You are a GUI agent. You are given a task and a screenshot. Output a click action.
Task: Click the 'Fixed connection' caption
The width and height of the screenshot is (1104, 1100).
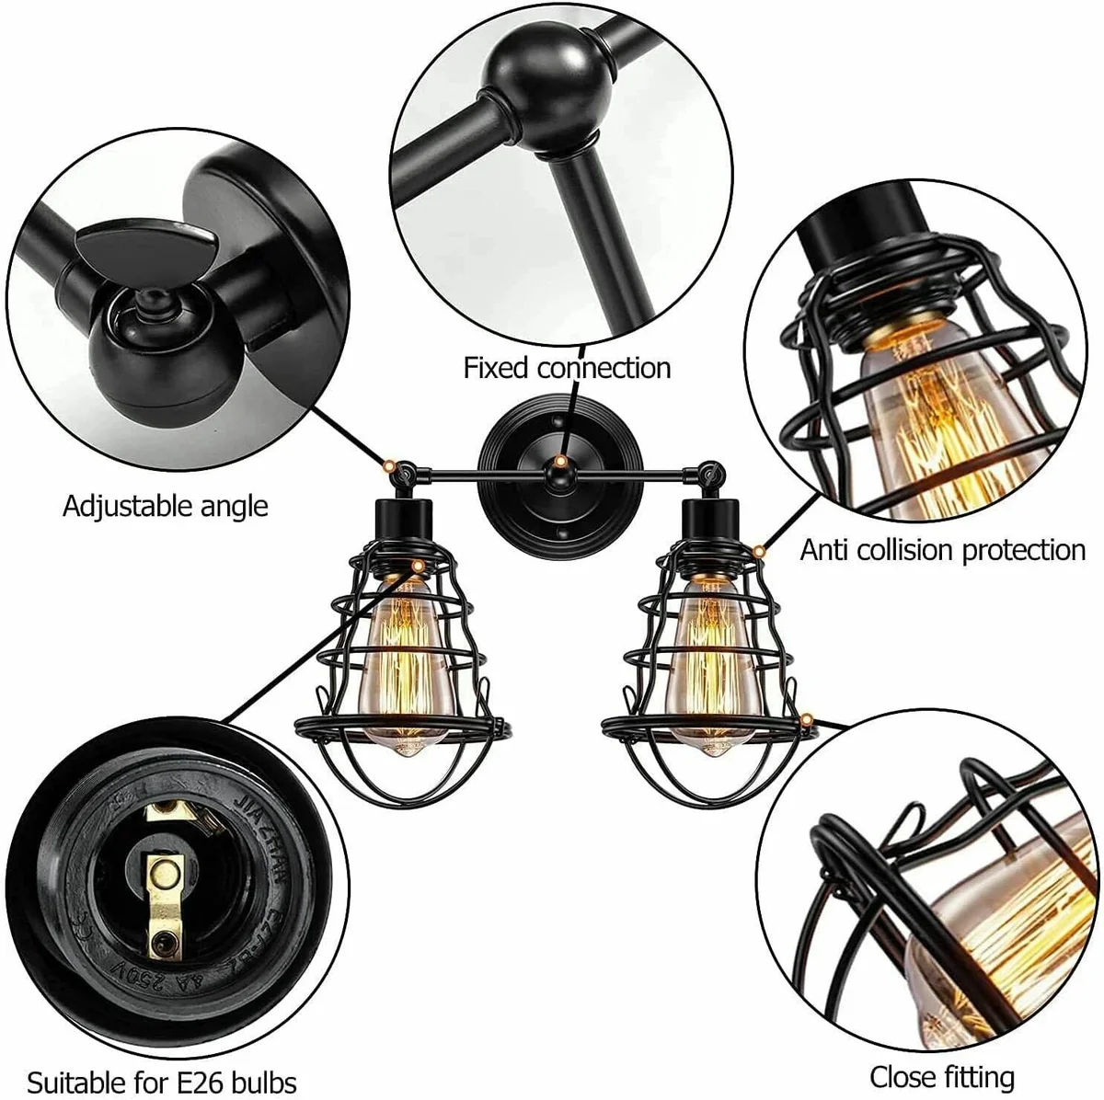pyautogui.click(x=567, y=369)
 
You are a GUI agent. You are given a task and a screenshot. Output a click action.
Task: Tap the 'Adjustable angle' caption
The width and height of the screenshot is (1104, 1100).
pyautogui.click(x=166, y=506)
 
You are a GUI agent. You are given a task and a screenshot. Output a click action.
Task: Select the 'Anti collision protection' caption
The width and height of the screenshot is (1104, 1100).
pyautogui.click(x=943, y=550)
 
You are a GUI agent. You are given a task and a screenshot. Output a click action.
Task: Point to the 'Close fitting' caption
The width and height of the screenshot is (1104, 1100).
pyautogui.click(x=942, y=1077)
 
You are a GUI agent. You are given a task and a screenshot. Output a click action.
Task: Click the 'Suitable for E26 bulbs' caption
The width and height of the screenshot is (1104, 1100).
pyautogui.click(x=162, y=1081)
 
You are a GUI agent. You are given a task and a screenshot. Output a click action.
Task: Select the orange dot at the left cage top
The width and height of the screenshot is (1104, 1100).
pyautogui.click(x=419, y=563)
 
